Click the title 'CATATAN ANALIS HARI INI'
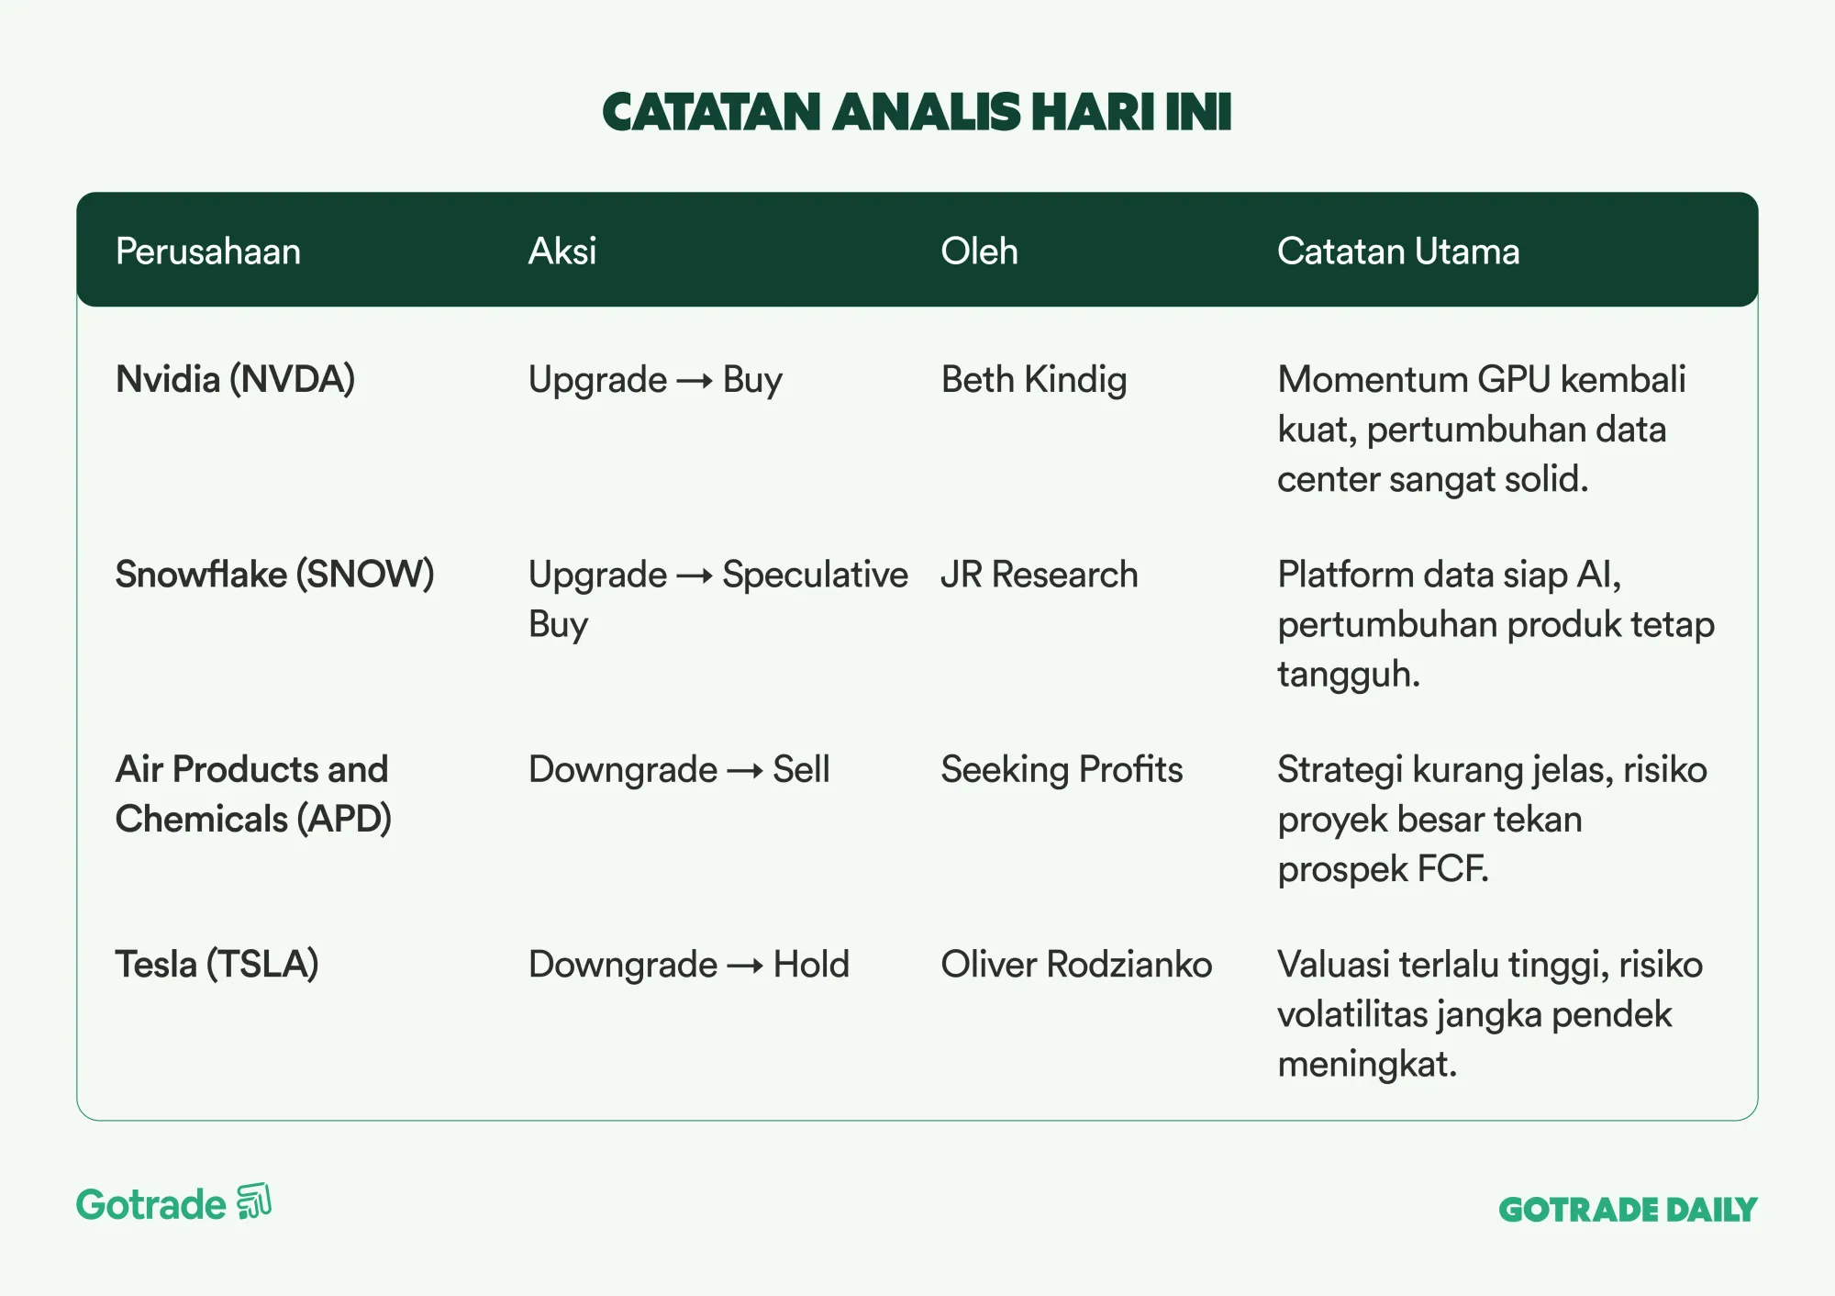[x=917, y=112]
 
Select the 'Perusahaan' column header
[x=208, y=251]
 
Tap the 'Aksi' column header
[x=562, y=251]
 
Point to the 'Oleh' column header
[x=979, y=251]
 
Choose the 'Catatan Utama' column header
[x=1398, y=251]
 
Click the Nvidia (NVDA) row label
[x=235, y=380]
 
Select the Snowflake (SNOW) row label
[x=274, y=575]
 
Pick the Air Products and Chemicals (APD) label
[x=253, y=794]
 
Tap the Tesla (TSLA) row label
[x=217, y=965]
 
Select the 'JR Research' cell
[x=1040, y=575]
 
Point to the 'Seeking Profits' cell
[x=1062, y=770]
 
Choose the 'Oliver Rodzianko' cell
[x=1076, y=965]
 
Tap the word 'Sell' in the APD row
[x=801, y=769]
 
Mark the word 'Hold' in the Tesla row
[x=811, y=965]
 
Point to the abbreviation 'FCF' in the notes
[x=1451, y=869]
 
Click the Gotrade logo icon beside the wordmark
[x=254, y=1201]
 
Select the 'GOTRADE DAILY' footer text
[x=1628, y=1210]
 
